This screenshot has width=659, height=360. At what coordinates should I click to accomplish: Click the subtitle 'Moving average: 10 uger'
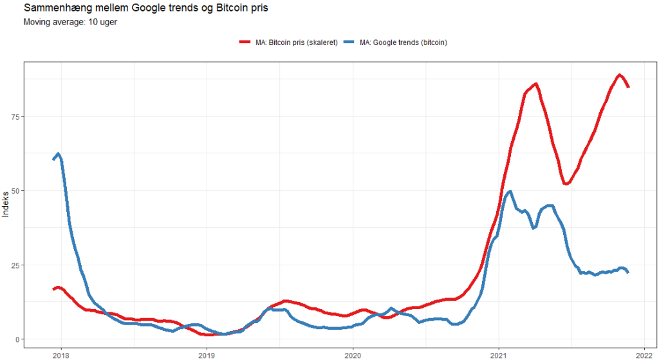70,22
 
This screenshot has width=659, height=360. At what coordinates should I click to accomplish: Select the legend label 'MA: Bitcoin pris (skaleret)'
296,43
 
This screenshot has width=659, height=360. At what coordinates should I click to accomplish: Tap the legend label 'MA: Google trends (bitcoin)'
404,43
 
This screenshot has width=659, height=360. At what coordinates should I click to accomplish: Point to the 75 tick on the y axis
15,117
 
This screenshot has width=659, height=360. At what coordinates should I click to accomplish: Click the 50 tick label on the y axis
15,191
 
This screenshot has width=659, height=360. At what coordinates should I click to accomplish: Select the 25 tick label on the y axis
15,265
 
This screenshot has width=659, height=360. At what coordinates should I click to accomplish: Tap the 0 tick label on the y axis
17,339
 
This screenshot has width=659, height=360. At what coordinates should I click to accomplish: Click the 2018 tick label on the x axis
60,355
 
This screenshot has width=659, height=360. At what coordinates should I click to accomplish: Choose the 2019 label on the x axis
207,355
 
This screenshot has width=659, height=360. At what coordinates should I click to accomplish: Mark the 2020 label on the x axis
353,355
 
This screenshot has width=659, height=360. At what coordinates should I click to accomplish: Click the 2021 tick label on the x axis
499,355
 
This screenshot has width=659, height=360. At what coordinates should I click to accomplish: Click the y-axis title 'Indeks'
6,204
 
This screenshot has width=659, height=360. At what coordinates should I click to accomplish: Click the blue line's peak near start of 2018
58,154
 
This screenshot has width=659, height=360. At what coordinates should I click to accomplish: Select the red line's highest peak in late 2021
619,75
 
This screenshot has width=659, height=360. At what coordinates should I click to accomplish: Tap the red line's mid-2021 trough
565,184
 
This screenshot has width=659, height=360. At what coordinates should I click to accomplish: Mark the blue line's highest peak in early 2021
510,191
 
